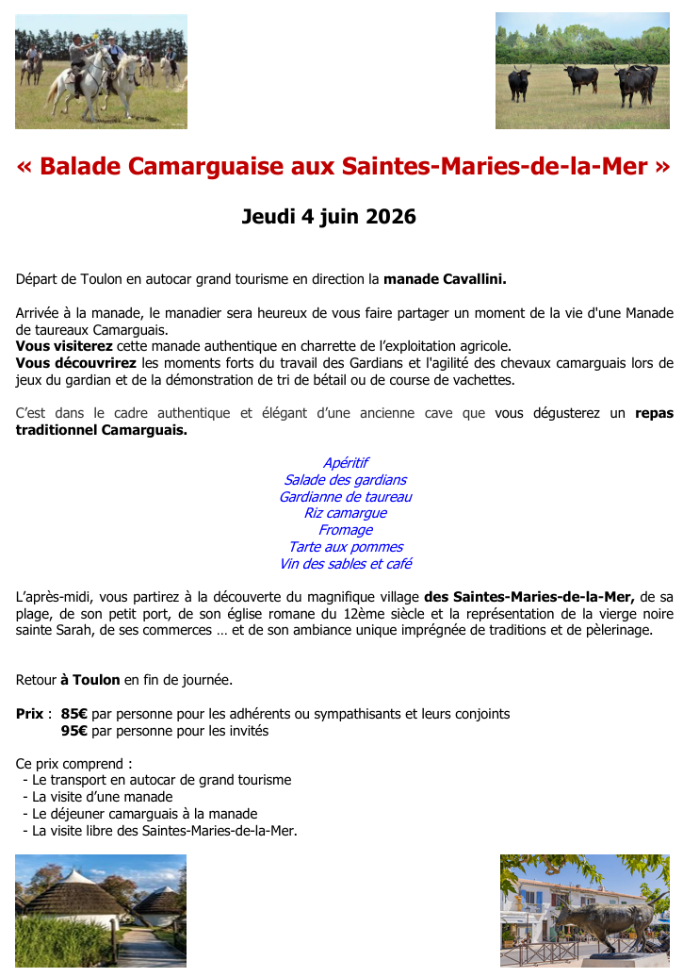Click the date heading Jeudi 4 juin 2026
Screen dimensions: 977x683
coord(329,217)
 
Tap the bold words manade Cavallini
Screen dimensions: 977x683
coord(445,279)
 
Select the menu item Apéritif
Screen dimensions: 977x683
coord(345,463)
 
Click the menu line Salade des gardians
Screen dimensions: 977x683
coord(345,480)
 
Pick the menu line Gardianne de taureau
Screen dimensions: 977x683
coord(345,497)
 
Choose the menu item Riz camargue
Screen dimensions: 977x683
coord(345,513)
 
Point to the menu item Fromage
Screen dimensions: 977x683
coord(345,530)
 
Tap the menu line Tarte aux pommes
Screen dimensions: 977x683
coord(345,547)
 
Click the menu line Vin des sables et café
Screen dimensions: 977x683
coord(345,564)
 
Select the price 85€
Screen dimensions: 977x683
coord(74,714)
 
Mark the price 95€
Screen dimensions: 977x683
coord(74,731)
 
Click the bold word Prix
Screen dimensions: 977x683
coord(30,714)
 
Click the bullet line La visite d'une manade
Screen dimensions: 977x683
coord(102,797)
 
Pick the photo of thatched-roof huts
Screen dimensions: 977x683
coord(100,910)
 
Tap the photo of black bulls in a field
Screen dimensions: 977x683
coord(582,71)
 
